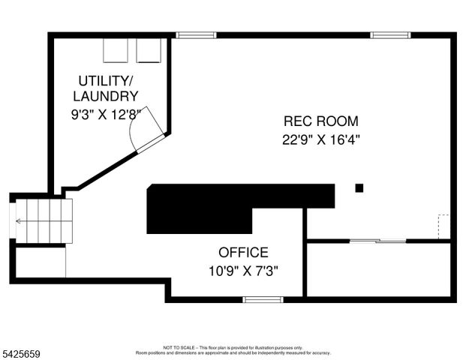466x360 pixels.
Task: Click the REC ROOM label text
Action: point(320,121)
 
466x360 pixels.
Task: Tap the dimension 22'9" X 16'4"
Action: point(320,139)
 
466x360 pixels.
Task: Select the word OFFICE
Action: point(243,253)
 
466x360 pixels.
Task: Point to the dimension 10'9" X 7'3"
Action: point(243,270)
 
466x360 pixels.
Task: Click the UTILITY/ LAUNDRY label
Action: point(105,88)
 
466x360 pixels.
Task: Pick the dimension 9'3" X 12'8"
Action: point(105,115)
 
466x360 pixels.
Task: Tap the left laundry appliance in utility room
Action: point(116,50)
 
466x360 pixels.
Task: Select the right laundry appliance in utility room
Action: point(149,50)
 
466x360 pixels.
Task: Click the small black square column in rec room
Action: point(359,187)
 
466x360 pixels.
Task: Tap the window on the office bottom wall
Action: point(263,299)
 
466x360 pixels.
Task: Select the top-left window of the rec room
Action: point(196,34)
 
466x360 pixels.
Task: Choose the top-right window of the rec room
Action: point(391,34)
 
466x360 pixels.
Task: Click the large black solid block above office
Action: point(225,208)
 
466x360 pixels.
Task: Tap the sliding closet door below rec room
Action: point(378,241)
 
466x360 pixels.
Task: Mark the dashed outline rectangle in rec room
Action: point(443,226)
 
